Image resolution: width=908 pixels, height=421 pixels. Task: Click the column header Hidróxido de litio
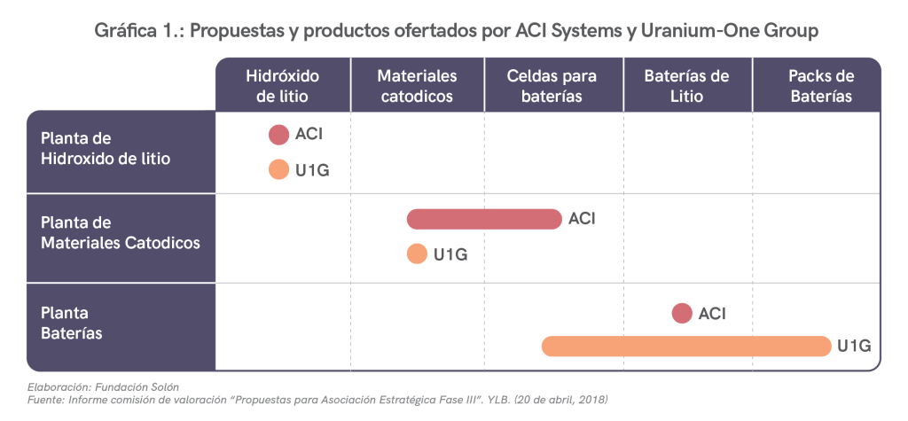coord(282,86)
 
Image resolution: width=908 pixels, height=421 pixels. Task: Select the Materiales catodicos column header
coord(417,86)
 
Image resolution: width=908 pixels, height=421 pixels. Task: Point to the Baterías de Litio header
coord(686,86)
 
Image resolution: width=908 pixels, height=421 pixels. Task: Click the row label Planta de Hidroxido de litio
coord(106,148)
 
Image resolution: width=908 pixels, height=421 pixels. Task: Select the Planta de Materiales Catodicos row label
coord(121,232)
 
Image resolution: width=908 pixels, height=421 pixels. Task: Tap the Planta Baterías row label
coord(72,324)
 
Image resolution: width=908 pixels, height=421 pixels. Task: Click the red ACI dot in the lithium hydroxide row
coord(279,135)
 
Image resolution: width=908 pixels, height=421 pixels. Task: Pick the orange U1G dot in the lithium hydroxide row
coord(279,169)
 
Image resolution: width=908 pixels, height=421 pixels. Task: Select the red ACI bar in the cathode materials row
coord(484,219)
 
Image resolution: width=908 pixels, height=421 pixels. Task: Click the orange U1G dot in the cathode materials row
coord(417,254)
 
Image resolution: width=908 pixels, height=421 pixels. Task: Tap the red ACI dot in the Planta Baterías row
coord(682,313)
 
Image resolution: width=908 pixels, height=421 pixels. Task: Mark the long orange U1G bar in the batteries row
coord(685,347)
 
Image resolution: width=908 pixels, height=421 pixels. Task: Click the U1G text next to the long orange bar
coord(855,347)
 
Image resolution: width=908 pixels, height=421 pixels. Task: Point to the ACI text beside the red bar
coord(582,219)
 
